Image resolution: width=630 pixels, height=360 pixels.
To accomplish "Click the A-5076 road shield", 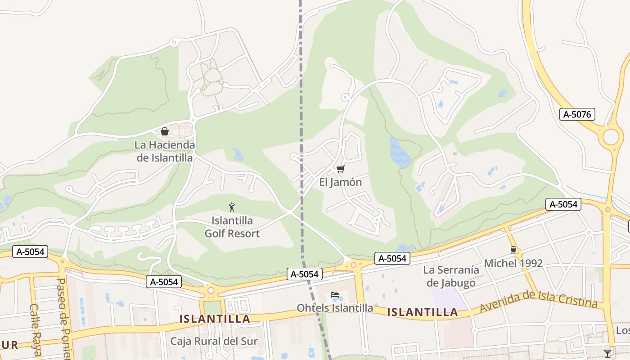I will click(577, 114).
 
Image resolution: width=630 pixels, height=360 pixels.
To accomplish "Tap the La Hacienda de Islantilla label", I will click(165, 152).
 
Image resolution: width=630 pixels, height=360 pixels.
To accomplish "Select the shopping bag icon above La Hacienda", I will click(165, 131).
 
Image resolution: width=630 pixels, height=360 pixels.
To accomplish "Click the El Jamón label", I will click(341, 182).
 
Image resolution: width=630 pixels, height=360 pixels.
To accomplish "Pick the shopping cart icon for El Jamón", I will click(341, 169).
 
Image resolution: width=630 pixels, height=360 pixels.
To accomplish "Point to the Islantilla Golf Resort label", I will click(232, 227).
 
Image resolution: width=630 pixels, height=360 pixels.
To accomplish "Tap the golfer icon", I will click(232, 207).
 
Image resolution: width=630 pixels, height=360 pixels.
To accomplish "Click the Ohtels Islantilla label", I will click(335, 308).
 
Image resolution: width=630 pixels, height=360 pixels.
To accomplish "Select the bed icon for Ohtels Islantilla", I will click(335, 295).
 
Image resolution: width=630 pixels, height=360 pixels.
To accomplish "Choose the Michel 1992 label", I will click(513, 263).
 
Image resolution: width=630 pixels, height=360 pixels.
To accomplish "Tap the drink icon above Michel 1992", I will click(513, 250).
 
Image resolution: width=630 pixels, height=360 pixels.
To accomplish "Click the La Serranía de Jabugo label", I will click(451, 276).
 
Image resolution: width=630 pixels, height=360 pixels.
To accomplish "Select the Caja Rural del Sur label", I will click(214, 341).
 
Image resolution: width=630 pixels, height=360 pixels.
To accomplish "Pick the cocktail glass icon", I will click(607, 353).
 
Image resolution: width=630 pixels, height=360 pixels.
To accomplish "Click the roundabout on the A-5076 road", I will click(611, 136).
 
